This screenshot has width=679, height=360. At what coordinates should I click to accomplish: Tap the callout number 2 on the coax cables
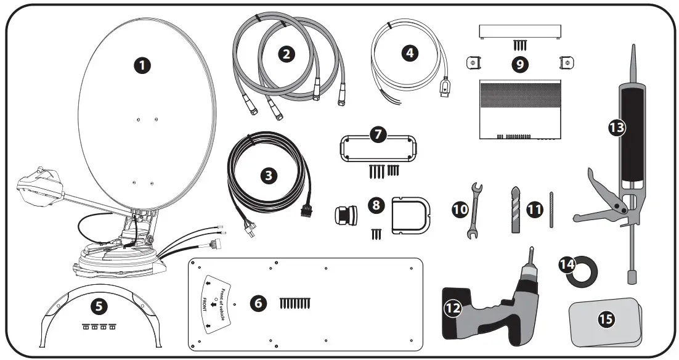pyautogui.click(x=285, y=54)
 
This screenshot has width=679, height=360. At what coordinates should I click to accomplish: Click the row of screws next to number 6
pyautogui.click(x=295, y=303)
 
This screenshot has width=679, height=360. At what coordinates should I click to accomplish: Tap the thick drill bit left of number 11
pyautogui.click(x=516, y=210)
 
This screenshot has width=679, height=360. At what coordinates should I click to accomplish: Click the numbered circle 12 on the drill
pyautogui.click(x=453, y=307)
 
